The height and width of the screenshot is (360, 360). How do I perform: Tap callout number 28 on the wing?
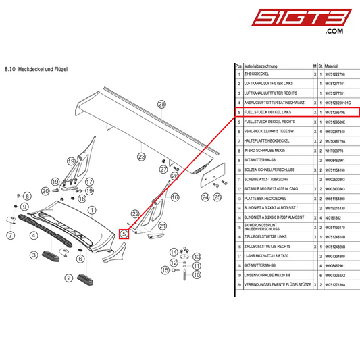pos(161,104)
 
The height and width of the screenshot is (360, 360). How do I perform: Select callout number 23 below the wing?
pos(142,157)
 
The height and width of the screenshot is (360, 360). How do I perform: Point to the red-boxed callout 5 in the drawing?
pos(124,234)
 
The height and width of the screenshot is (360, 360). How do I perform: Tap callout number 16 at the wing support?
pos(175,197)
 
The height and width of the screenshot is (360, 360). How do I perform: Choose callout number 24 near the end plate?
pos(205,197)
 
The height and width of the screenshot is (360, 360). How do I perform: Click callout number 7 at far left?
pos(11,236)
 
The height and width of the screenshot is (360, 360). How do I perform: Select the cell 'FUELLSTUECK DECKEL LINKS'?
pos(267,111)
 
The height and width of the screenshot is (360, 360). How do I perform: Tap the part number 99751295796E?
pos(336,111)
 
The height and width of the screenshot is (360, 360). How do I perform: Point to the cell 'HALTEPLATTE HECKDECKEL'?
pos(266,140)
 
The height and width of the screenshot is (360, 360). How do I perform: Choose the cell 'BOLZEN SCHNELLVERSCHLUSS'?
pos(267,170)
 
